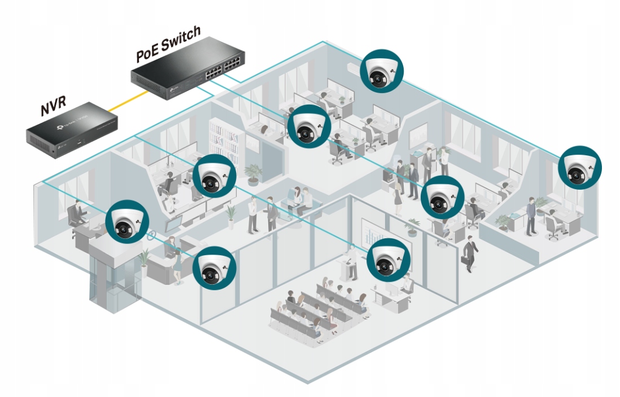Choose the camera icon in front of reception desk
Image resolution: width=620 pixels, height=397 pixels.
[213, 266]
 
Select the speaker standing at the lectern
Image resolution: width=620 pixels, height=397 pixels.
[352, 263]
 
